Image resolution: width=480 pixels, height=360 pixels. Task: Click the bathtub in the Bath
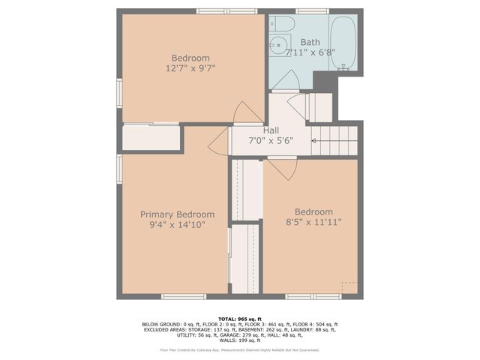point(343,43)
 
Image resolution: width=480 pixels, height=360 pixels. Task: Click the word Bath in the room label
point(310,42)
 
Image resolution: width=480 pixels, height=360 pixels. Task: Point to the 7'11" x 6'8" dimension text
point(310,52)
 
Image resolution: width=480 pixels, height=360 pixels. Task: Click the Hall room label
point(271,130)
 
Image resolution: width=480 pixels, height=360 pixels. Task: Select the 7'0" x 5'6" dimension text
point(271,141)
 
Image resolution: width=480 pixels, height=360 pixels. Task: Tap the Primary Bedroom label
point(177,214)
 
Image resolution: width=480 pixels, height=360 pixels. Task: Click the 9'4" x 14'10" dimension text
point(177,225)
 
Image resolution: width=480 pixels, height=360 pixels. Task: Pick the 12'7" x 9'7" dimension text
point(190,69)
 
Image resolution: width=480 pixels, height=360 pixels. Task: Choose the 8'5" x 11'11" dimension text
point(314,223)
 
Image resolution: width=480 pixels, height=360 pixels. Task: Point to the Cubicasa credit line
point(240,349)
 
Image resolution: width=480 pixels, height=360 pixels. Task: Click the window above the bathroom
point(306,11)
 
